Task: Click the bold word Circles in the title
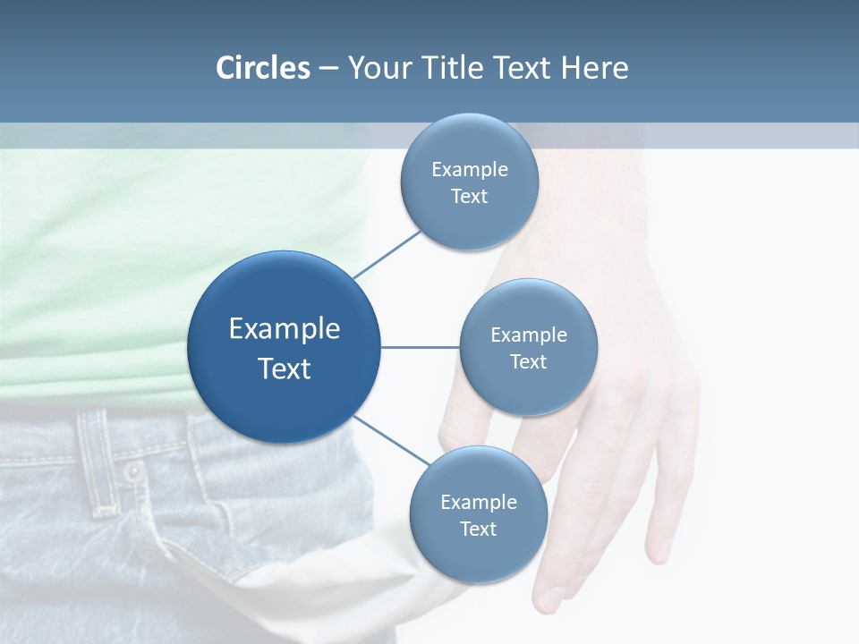[263, 68]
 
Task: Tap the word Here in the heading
[595, 68]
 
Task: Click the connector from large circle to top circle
[387, 253]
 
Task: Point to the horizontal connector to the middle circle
[420, 347]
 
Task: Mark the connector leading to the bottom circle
[392, 440]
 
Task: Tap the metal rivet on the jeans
[133, 471]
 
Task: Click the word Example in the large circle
[284, 328]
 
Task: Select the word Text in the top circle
[469, 197]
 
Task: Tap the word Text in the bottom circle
[478, 529]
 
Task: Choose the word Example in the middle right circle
[528, 335]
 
